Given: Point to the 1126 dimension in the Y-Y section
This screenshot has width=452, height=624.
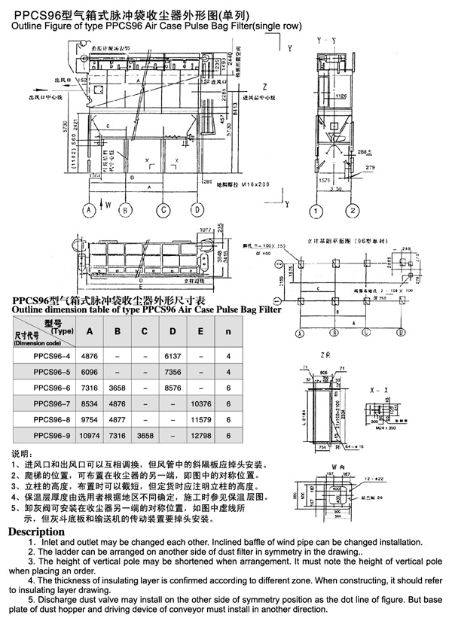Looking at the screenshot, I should tap(341, 96).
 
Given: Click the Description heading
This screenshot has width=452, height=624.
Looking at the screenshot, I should tap(35, 532).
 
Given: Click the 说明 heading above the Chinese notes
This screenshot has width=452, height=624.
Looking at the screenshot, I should tap(20, 455).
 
